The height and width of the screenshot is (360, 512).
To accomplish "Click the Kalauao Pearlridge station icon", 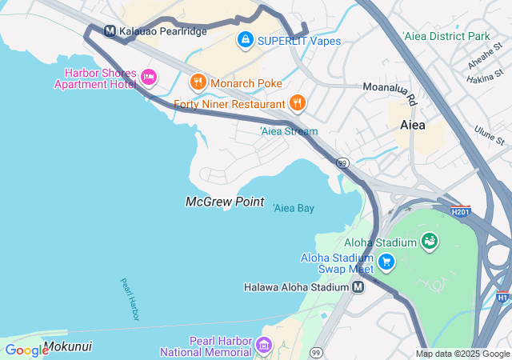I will (111, 31).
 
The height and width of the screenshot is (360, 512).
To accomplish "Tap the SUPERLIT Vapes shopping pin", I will (245, 38).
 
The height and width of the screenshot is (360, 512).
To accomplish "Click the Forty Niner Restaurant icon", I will (298, 102).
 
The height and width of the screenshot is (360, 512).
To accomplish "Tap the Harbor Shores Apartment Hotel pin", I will (148, 77).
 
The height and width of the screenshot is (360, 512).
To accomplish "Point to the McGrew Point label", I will (225, 202).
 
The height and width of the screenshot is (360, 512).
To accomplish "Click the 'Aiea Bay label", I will (294, 208).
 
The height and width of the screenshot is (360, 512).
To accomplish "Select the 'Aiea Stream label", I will (289, 131).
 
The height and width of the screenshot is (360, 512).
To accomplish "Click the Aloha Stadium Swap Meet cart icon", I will (386, 262).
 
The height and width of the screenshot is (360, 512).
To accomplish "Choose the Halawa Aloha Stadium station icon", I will (358, 286).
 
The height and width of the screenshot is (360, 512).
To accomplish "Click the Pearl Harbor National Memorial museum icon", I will (265, 346).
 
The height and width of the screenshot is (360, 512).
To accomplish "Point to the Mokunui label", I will (67, 346).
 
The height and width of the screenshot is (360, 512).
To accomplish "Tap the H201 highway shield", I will (460, 212).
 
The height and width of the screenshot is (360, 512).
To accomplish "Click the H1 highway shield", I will (502, 298).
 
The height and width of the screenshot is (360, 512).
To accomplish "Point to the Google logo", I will (26, 350).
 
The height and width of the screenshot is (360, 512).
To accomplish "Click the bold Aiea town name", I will (413, 126).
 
